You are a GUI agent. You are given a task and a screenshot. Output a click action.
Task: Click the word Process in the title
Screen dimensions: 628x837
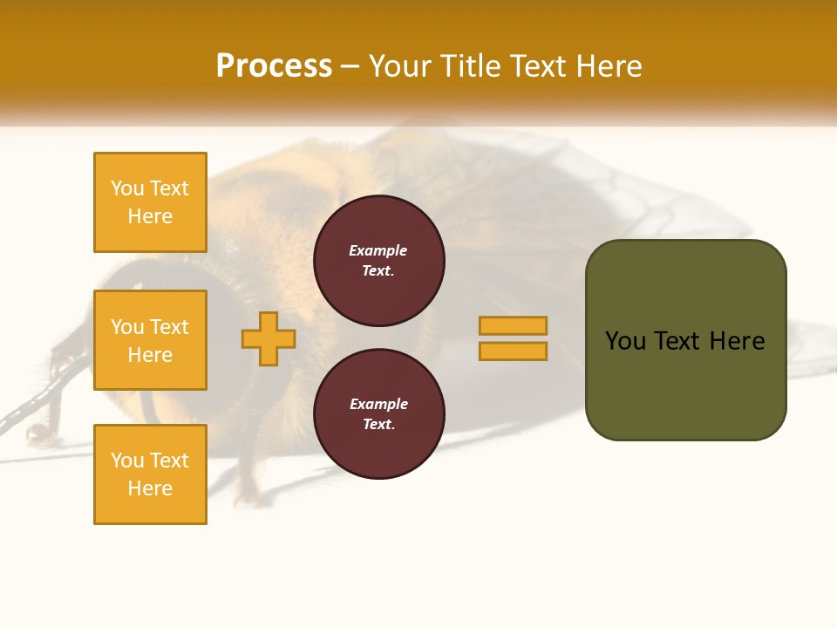click(274, 66)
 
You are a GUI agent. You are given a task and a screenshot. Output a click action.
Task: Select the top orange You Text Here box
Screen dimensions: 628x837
click(150, 202)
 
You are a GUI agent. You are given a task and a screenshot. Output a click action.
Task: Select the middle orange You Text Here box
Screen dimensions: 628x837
click(150, 340)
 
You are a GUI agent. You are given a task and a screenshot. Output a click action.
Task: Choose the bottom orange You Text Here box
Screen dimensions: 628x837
click(150, 474)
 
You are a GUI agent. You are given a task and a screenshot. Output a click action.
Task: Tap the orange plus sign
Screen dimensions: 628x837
click(269, 338)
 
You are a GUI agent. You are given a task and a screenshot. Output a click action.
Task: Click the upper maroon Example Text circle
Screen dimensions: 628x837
click(378, 261)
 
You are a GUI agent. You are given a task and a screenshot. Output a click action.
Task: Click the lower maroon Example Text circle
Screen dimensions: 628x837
click(378, 414)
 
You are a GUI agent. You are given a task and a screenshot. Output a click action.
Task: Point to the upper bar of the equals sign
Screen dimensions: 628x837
click(513, 325)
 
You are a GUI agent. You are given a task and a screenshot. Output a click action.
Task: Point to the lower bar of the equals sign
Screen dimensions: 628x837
click(513, 351)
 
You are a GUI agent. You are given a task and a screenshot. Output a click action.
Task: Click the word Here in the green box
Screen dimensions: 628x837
click(737, 341)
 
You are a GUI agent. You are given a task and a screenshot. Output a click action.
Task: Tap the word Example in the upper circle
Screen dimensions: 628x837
click(378, 250)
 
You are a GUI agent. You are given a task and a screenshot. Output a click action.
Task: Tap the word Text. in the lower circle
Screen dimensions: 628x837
click(378, 425)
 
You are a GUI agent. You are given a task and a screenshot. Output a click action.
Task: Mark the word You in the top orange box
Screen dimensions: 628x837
click(127, 188)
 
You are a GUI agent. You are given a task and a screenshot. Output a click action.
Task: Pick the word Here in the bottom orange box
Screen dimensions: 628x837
click(150, 488)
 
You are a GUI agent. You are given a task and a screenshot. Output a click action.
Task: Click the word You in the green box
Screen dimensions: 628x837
click(626, 341)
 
